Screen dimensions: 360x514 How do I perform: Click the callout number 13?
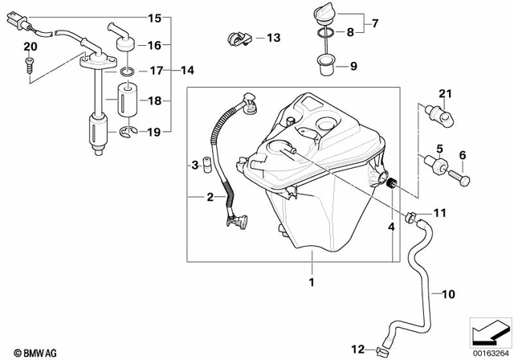(x=274, y=38)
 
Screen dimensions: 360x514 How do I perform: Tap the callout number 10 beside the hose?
(x=448, y=294)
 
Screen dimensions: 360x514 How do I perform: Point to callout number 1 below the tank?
(x=312, y=282)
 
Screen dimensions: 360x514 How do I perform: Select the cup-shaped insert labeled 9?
(x=326, y=63)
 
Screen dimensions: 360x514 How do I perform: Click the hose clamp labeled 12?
(x=381, y=350)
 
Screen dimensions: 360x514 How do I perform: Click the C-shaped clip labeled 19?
(x=127, y=132)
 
